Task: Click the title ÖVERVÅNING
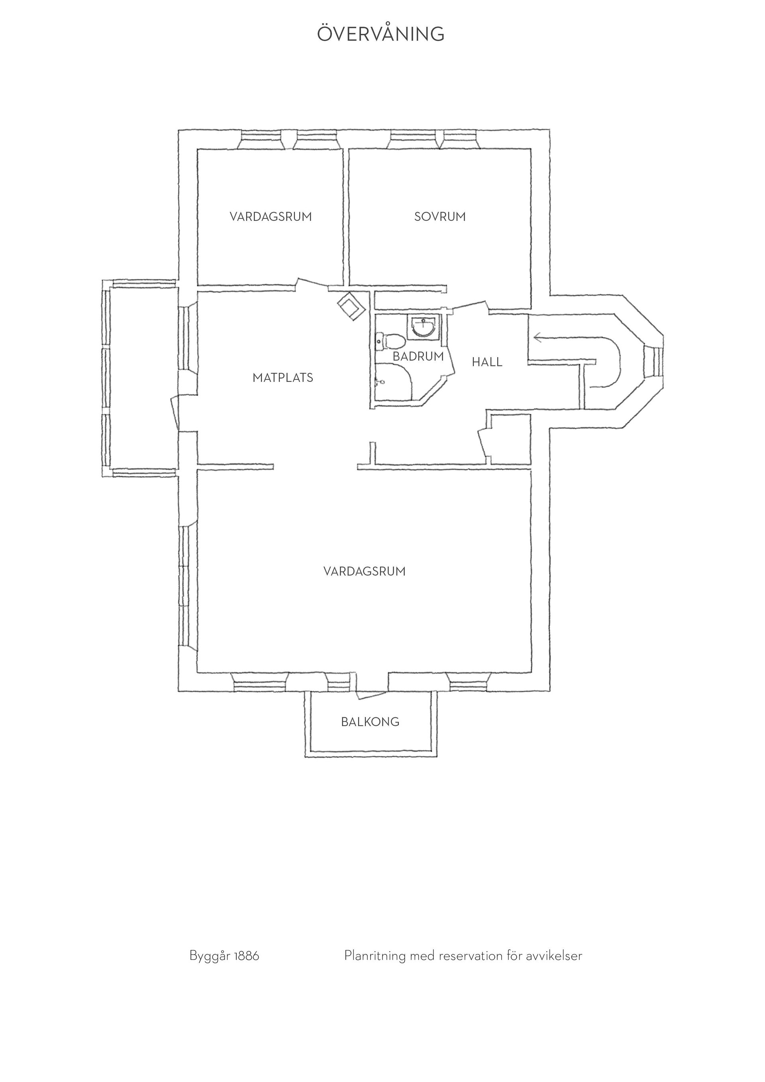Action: [381, 33]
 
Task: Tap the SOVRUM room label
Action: [440, 217]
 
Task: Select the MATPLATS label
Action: [282, 378]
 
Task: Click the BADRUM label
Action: [418, 357]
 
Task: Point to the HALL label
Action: [487, 362]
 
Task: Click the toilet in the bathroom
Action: [390, 341]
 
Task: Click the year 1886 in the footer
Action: [246, 956]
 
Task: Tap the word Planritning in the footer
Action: [375, 956]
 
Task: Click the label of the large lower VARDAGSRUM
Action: [365, 571]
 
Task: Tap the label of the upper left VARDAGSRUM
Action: [271, 217]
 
